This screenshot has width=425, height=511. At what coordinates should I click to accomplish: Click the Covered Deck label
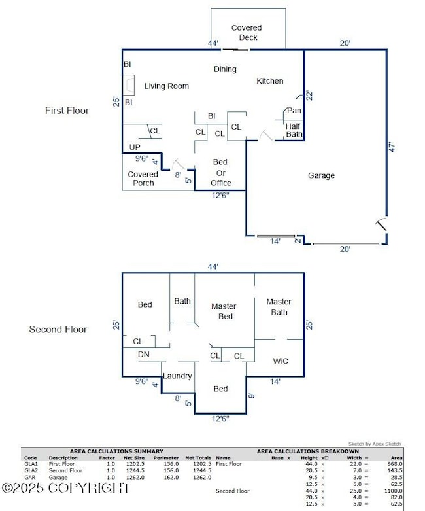coord(246,33)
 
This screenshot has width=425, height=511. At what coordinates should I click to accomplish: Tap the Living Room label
coord(167,86)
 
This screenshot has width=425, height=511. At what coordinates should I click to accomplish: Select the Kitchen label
coord(269,81)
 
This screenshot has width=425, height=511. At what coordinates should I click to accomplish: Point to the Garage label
coord(321,175)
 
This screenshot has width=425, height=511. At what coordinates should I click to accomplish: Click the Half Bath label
coord(294,130)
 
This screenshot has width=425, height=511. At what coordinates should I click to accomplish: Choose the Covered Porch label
coord(143,179)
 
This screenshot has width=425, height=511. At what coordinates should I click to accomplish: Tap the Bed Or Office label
coord(221,172)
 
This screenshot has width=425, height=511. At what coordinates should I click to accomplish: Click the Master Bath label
coord(279,307)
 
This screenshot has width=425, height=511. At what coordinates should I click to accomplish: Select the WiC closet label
coord(281,361)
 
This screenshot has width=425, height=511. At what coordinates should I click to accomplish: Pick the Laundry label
coord(177,376)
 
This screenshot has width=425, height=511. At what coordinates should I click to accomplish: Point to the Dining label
coord(225,69)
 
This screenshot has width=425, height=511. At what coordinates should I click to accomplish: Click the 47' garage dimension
coord(392,147)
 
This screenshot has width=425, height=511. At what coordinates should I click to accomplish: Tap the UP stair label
coord(135,147)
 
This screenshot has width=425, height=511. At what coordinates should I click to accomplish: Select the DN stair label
coord(144,354)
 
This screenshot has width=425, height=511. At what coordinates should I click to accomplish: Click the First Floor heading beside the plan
coord(67,111)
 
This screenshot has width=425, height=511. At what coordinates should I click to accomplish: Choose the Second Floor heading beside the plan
coord(58,329)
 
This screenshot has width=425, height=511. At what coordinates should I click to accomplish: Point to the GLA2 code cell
coord(31,471)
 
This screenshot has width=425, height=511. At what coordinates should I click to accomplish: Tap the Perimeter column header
coord(166,458)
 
